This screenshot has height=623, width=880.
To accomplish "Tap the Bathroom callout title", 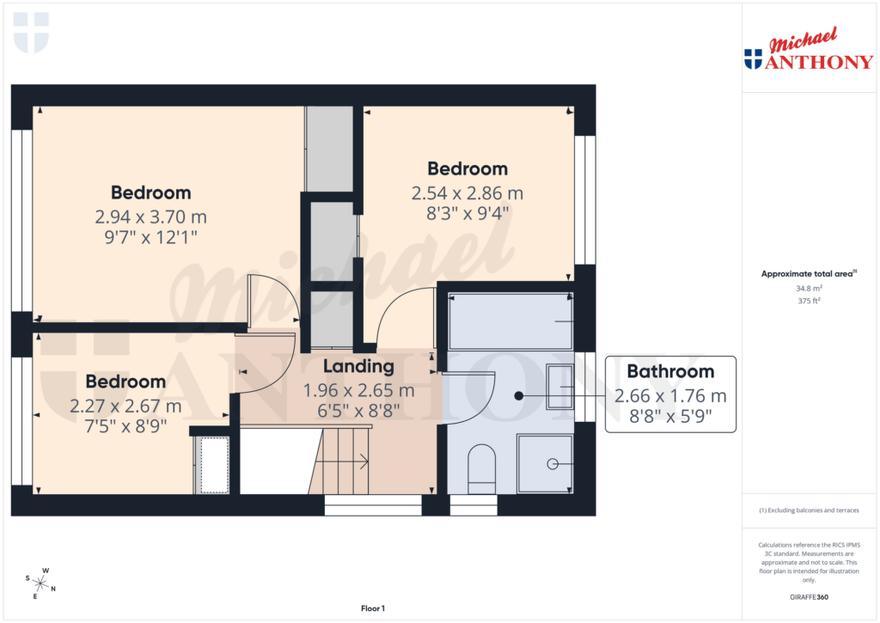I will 669,372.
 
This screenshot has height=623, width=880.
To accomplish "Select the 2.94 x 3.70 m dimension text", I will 150,217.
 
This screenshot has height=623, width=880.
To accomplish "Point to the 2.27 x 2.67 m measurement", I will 125,406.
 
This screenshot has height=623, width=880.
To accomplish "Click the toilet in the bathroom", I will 482,468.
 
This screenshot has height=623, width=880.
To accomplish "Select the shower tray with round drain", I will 544,464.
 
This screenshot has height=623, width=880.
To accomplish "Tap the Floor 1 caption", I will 372,608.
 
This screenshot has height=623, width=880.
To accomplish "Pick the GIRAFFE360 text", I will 808,597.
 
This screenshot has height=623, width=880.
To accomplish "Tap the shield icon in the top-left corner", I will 31,33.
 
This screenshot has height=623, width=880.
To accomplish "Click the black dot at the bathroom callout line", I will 518,396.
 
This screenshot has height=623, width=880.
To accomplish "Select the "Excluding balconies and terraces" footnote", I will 808,510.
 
